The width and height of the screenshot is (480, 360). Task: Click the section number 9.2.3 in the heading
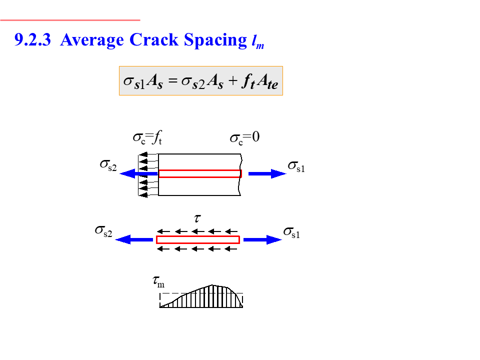tap(33, 40)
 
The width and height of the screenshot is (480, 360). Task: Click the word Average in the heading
tap(92, 40)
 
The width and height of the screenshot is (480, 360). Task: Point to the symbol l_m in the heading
tap(258, 42)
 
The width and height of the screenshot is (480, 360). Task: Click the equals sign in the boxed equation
tap(173, 81)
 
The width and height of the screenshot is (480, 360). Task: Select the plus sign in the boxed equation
tap(232, 81)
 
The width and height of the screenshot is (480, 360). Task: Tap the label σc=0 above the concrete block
tap(244, 137)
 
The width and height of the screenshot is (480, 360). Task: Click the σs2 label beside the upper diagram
tap(108, 164)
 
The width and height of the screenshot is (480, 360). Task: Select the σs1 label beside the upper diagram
tap(296, 166)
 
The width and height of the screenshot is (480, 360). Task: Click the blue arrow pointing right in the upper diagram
tap(267, 173)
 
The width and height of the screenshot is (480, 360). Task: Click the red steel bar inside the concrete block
tap(200, 173)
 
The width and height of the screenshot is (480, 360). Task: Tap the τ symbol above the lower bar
tap(197, 218)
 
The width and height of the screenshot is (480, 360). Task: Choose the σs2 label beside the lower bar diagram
tap(103, 231)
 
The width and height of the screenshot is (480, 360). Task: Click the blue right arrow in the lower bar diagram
tap(262, 239)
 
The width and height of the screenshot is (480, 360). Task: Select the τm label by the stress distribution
tap(158, 283)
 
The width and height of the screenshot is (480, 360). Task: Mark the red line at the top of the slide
tap(70, 20)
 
